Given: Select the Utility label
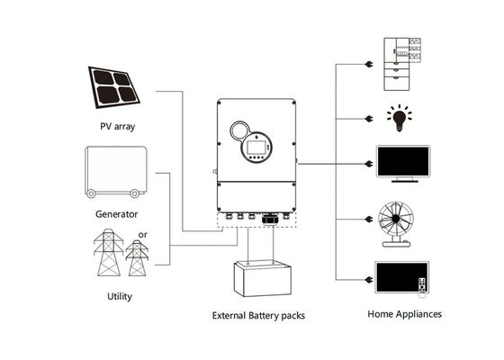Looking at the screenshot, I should [120, 294].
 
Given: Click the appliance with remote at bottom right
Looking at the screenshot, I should [400, 280].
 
